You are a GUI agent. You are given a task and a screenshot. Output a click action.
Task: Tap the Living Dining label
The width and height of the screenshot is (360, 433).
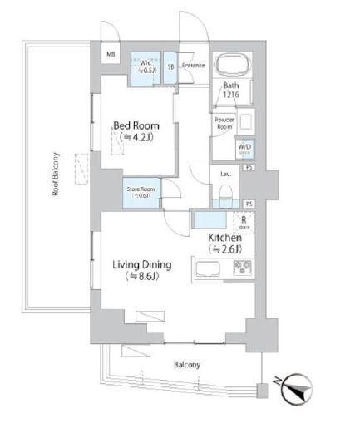click(x=142, y=265)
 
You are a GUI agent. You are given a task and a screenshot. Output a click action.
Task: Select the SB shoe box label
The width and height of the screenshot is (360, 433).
click(x=170, y=65)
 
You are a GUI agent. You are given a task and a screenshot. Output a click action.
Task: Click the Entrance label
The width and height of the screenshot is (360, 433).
click(x=194, y=65)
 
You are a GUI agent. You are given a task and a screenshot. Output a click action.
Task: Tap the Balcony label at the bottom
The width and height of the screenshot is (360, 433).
click(x=187, y=365)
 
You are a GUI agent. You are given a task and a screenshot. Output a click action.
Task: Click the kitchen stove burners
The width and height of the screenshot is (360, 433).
click(x=242, y=268)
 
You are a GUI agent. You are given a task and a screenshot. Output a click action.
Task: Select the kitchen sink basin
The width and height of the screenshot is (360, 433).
click(x=206, y=268)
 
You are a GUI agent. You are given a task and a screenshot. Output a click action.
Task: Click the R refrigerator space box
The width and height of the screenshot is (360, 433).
click(x=243, y=222)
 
